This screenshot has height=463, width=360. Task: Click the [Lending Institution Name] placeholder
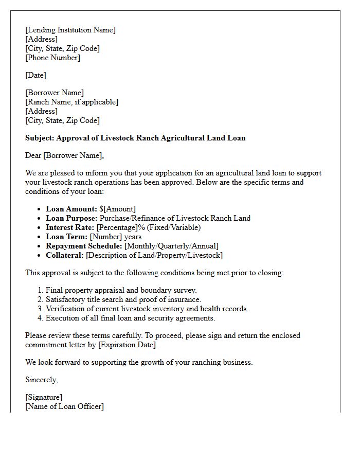(x=70, y=30)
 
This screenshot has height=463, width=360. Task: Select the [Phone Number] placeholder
(x=52, y=58)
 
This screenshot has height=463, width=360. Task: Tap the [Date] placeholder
(x=35, y=75)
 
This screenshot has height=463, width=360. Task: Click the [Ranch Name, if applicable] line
(x=71, y=102)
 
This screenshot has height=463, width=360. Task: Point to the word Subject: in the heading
(x=40, y=138)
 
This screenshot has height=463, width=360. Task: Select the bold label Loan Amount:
(x=71, y=209)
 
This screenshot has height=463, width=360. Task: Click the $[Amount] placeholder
(x=118, y=209)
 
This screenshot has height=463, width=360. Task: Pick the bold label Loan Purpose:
(x=71, y=218)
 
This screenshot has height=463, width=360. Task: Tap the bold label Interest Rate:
(x=70, y=227)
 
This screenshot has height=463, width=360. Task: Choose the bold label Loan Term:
(x=67, y=237)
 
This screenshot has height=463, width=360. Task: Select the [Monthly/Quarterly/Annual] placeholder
(x=171, y=246)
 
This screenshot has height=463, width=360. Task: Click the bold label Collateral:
(x=65, y=255)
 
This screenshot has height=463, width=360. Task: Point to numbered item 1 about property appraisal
(x=121, y=290)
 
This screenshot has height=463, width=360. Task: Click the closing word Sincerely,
(x=42, y=380)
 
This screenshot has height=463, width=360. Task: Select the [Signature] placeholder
(x=44, y=397)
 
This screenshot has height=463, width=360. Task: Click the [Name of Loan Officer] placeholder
(x=64, y=406)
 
